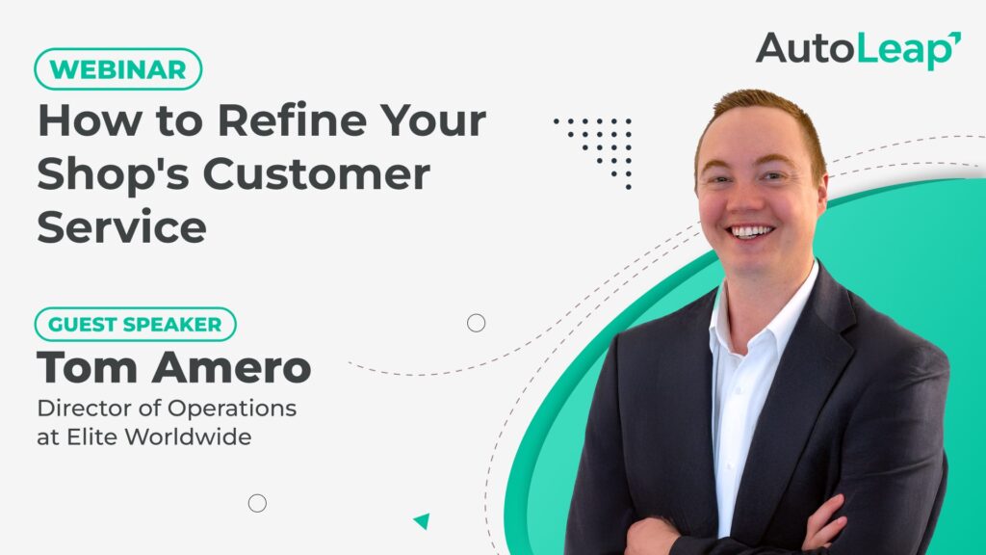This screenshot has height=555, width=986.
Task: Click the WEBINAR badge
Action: [118, 69]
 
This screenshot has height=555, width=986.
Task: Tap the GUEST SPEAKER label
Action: [135, 324]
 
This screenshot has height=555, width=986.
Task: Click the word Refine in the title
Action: [293, 119]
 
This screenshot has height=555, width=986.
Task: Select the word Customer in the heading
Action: [316, 173]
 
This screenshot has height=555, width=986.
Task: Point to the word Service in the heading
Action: [122, 227]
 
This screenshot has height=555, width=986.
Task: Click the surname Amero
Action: [231, 367]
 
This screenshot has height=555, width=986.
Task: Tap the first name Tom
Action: [87, 367]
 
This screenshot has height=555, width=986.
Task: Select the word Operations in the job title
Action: [232, 409]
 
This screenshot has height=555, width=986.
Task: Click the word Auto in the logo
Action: [804, 48]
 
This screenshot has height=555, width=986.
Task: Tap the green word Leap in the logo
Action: [904, 50]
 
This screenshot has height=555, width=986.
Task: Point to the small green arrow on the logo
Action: [955, 38]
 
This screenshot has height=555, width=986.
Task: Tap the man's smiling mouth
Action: [750, 231]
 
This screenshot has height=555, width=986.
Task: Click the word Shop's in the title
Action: [114, 175]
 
